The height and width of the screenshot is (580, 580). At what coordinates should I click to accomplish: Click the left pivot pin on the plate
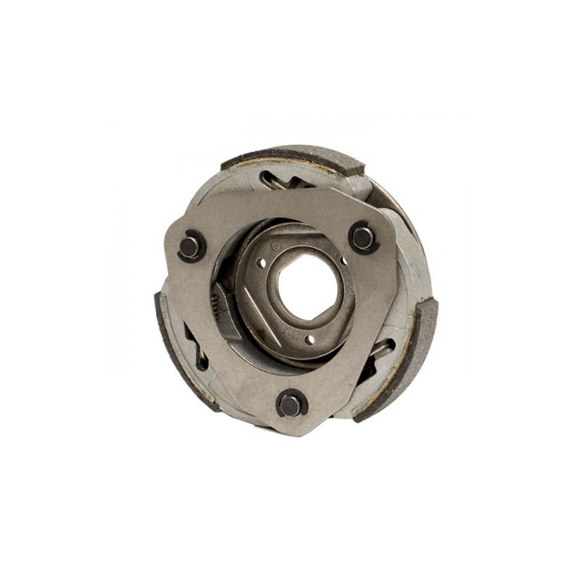191,246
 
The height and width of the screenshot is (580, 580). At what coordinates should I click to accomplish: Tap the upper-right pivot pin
362,237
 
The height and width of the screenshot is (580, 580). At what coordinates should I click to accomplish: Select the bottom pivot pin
291,403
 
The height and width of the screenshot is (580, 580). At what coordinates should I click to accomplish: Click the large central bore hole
307,285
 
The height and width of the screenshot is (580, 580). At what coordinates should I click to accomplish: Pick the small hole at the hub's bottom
310,339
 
